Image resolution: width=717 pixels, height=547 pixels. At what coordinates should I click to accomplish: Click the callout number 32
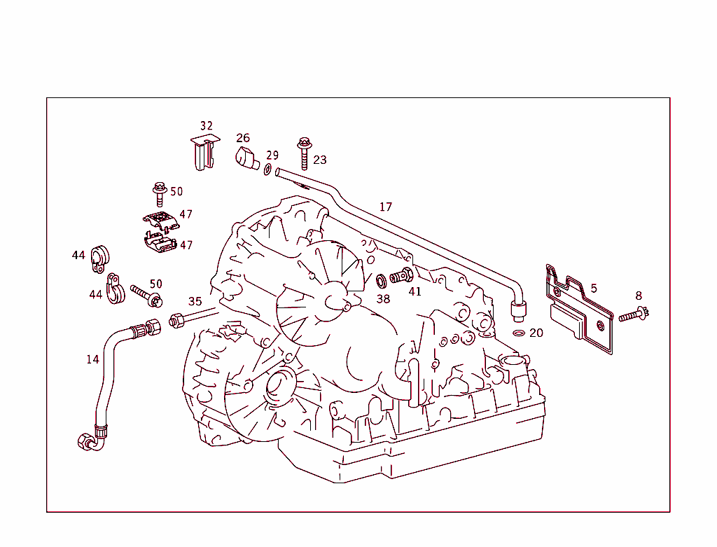(x=206, y=126)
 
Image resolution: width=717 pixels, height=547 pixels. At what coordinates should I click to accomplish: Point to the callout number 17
(x=386, y=207)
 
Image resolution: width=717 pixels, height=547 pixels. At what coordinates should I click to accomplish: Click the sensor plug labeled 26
(x=245, y=158)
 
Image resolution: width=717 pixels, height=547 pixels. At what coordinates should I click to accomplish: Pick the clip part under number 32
(x=203, y=154)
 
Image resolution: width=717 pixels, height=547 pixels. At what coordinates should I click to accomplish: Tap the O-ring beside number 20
(x=519, y=331)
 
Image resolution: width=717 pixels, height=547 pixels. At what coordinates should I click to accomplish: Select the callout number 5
(x=594, y=289)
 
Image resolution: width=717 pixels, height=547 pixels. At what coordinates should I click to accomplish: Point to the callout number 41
(x=415, y=291)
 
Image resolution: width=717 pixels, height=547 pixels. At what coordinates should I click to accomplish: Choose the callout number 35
(x=195, y=302)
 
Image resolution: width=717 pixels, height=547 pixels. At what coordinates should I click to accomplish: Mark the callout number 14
(x=92, y=359)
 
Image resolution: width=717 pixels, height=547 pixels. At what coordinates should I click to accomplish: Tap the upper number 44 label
(x=78, y=256)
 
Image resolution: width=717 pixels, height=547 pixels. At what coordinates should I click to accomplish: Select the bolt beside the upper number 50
(x=159, y=194)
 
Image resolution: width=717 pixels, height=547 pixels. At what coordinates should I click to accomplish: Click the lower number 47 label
(x=186, y=245)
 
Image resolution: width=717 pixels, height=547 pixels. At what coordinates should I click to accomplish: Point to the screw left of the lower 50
(x=145, y=296)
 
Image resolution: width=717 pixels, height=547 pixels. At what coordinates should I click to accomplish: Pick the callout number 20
(x=536, y=333)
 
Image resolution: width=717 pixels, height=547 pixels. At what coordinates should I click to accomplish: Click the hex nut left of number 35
(x=176, y=321)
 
